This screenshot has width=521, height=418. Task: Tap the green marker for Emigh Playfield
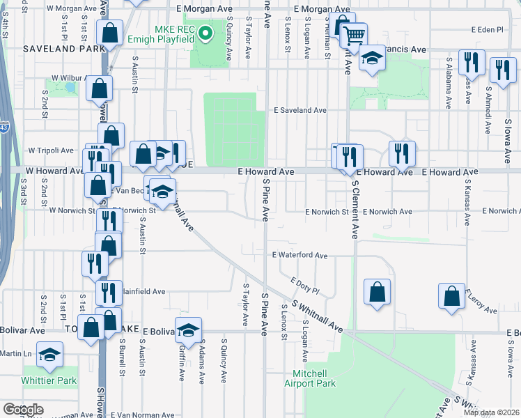pyautogui.click(x=205, y=32)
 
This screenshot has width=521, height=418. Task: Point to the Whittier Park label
pyautogui.click(x=49, y=380)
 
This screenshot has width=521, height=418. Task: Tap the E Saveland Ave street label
pyautogui.click(x=300, y=110)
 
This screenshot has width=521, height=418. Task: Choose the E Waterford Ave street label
pyautogui.click(x=300, y=256)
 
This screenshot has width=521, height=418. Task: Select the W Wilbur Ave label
pyautogui.click(x=68, y=78)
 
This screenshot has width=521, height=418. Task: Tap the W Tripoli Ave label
pyautogui.click(x=50, y=150)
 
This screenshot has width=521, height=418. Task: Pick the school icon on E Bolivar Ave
pyautogui.click(x=188, y=330)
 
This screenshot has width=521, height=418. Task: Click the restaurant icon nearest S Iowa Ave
pyautogui.click(x=501, y=70)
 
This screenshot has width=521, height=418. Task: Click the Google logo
pyautogui.click(x=23, y=410)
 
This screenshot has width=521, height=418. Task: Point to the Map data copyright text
pyautogui.click(x=491, y=412)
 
